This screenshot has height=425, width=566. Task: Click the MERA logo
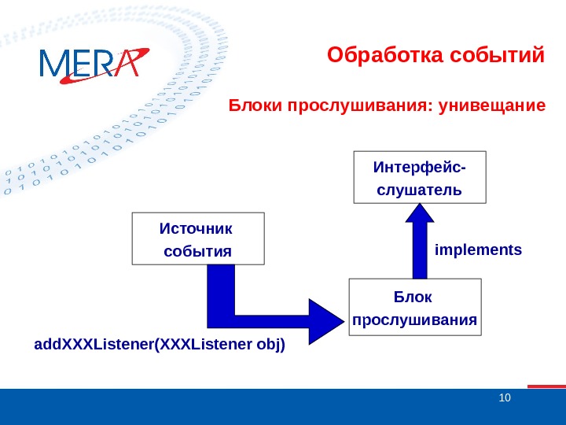93,63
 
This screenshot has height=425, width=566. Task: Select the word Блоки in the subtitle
249,105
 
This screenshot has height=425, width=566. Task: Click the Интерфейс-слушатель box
419,178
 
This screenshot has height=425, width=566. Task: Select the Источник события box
198,238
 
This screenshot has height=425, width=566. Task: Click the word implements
478,250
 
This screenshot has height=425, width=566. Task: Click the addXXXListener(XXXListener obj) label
160,344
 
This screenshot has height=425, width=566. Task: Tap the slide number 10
505,397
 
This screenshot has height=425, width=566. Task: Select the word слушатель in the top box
419,190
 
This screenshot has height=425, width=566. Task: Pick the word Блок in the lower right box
413,297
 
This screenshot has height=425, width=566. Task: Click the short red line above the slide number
546,386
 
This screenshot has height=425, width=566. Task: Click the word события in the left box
197,251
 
